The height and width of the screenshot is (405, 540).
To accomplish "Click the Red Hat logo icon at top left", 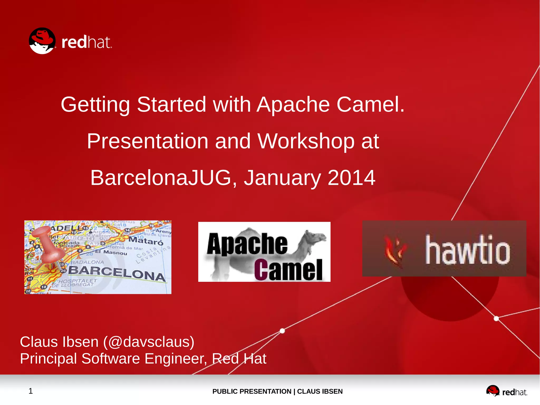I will [42, 41].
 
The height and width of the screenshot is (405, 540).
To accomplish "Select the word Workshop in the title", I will [306, 141].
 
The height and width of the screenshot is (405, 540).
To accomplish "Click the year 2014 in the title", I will [351, 178].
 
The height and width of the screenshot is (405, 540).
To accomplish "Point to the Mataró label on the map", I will [146, 241].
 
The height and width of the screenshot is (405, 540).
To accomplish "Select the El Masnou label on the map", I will [111, 252].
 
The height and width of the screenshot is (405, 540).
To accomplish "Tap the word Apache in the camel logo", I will [247, 244].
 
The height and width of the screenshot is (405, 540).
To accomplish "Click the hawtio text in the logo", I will [467, 250].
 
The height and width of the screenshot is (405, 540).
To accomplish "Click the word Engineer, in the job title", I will [176, 359].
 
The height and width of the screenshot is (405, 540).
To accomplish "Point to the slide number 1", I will [31, 391].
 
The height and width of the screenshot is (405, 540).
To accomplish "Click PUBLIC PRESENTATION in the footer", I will [252, 391].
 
